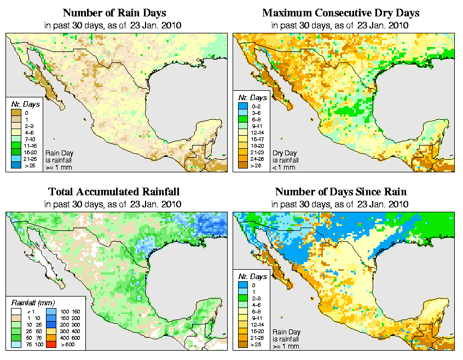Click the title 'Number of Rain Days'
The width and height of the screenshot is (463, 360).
point(114,13)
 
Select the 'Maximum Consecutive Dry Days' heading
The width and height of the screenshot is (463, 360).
point(340,13)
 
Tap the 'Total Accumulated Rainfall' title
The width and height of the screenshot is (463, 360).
point(114,192)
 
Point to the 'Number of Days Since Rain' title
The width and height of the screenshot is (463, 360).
point(340,192)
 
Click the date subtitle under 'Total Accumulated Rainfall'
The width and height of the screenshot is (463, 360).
point(114,204)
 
